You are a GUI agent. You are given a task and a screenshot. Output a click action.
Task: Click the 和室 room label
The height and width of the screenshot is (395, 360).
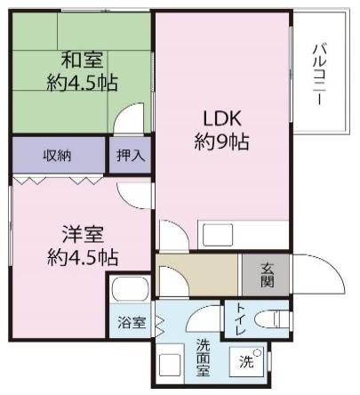[x=83, y=60]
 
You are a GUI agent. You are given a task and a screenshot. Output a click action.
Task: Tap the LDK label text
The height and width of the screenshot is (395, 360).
[x=222, y=118]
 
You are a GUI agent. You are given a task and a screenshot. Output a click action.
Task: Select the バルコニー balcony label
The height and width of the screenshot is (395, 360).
[x=319, y=74]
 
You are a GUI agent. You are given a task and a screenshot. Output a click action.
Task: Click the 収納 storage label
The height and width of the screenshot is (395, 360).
[x=58, y=155]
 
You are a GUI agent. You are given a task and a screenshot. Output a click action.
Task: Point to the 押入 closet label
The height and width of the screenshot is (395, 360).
[x=131, y=155]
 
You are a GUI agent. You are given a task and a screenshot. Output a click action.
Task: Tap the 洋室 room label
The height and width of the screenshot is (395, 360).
[x=83, y=235]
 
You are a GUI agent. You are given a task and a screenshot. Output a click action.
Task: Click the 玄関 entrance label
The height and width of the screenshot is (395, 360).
[x=267, y=275]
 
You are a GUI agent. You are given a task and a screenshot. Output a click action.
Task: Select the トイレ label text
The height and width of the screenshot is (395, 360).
[x=239, y=319]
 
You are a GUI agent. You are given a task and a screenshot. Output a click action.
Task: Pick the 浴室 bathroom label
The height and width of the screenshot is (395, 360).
[x=132, y=322]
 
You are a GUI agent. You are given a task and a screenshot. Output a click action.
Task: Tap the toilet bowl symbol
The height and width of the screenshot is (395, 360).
[x=271, y=318]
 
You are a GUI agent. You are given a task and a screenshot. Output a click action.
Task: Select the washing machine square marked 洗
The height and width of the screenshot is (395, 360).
[x=247, y=361]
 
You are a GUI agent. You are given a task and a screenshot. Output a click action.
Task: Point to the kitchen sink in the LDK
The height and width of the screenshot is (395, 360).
[x=218, y=236]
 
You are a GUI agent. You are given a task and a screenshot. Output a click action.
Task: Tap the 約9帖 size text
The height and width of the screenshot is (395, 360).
[x=221, y=142]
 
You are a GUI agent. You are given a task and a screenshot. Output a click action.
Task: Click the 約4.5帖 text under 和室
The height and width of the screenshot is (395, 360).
[x=83, y=83]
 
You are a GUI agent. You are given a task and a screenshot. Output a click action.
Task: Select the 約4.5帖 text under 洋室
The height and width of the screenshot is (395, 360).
[x=83, y=258]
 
